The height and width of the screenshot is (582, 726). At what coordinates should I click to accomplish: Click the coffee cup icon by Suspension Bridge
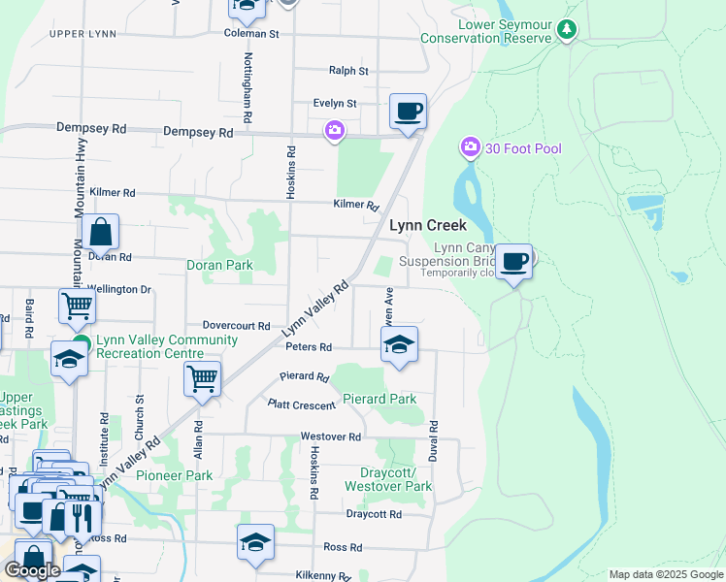pyautogui.click(x=514, y=261)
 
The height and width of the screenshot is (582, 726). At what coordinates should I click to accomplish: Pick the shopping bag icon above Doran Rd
pyautogui.click(x=100, y=233)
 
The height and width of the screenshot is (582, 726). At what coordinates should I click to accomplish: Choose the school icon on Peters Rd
pyautogui.click(x=398, y=344)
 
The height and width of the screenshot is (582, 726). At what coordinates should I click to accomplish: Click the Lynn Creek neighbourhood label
pyautogui.click(x=428, y=225)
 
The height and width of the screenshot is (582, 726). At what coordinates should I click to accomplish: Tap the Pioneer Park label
pyautogui.click(x=174, y=475)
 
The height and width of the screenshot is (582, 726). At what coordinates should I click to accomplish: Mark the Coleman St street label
pyautogui.click(x=251, y=34)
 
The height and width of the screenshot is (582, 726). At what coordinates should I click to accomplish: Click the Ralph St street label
pyautogui.click(x=348, y=71)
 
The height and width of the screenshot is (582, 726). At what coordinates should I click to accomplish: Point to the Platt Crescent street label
pyautogui.click(x=303, y=404)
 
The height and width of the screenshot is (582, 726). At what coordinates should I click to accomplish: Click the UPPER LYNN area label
pyautogui.click(x=82, y=35)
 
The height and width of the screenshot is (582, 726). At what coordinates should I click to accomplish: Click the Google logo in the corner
pyautogui.click(x=32, y=570)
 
